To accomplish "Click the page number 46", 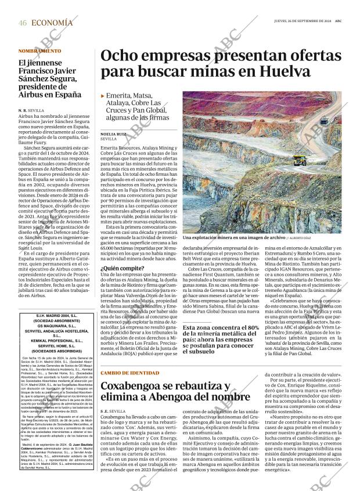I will [x=23, y=23].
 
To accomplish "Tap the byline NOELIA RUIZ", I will [x=113, y=133].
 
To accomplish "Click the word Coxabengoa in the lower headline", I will [x=134, y=387].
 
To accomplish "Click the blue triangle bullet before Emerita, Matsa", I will [x=103, y=96].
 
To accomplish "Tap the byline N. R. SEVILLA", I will [x=31, y=110].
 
